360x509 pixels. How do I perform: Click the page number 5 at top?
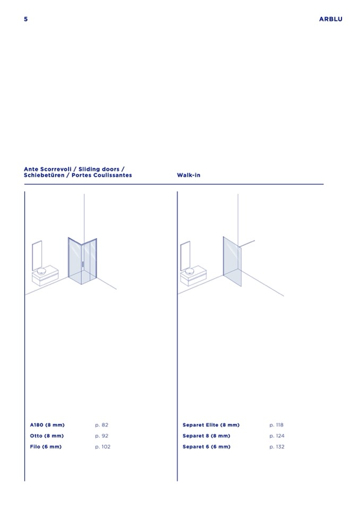[x=26, y=19]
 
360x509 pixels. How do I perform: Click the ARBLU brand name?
[x=330, y=19]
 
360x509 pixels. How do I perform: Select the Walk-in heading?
[x=188, y=175]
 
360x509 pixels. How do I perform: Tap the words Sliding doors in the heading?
[x=99, y=169]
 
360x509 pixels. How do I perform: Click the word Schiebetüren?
[x=44, y=175]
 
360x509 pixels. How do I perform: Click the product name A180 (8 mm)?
[x=47, y=425]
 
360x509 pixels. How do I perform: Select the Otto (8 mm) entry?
[x=47, y=436]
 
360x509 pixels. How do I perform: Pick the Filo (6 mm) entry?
[x=46, y=447]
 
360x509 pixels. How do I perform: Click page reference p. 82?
[x=101, y=425]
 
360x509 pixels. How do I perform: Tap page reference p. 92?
[x=101, y=436]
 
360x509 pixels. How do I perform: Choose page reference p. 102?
[x=102, y=447]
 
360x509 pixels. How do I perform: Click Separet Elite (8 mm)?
[x=211, y=425]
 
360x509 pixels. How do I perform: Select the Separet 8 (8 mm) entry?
[x=206, y=436]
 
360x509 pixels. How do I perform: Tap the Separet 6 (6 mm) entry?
[x=207, y=447]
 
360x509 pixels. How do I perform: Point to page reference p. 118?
[x=276, y=425]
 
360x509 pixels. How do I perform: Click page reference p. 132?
[x=277, y=447]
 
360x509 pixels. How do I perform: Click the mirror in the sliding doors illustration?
[x=37, y=255]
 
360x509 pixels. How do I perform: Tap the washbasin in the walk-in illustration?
[x=190, y=271]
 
